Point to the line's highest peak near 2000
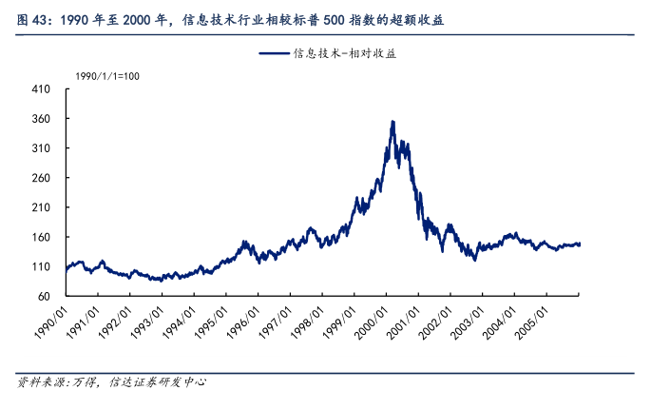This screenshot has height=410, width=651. coord(393,122)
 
